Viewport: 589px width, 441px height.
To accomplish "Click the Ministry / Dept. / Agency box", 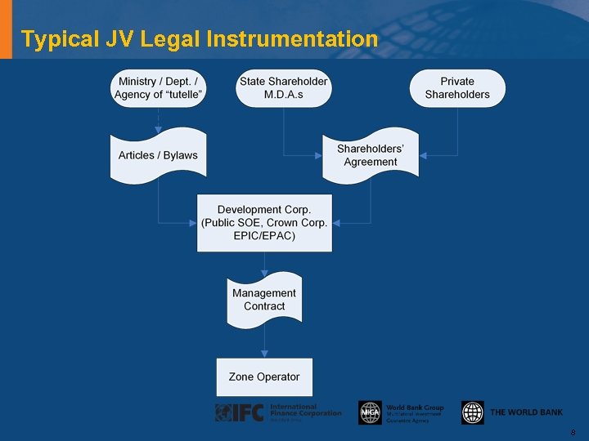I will click(x=159, y=88).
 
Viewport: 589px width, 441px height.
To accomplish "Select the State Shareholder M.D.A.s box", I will click(x=283, y=88).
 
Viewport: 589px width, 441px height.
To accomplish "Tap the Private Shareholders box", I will click(x=457, y=88).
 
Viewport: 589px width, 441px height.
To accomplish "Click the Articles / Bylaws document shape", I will click(x=159, y=155).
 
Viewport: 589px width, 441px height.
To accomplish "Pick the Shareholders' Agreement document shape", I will click(x=370, y=154).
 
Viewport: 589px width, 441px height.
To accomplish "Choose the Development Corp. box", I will click(x=264, y=223).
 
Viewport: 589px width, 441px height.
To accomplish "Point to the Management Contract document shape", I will click(x=264, y=300).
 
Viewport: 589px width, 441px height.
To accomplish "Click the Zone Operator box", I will click(x=264, y=376).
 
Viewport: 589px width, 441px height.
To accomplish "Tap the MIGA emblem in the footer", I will click(x=370, y=412).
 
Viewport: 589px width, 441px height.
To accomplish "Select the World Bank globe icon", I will click(x=473, y=412).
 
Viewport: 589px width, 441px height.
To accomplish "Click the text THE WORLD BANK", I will click(x=526, y=412).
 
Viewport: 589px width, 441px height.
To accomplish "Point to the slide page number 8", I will click(x=573, y=433).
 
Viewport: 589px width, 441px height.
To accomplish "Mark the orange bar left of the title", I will click(x=7, y=29).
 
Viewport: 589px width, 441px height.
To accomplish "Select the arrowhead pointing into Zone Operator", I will click(x=264, y=354).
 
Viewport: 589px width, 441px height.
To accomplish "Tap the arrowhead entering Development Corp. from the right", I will click(x=336, y=223).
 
